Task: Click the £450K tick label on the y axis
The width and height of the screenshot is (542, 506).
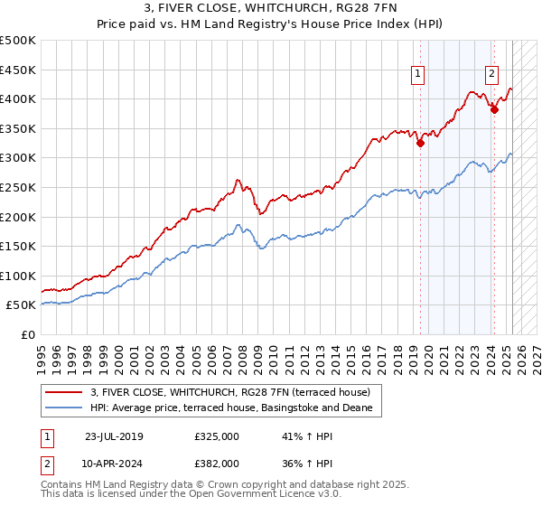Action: pos(18,70)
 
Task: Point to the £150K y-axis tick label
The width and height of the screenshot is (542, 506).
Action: pos(18,246)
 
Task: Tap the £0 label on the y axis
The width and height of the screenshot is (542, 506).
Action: pos(27,334)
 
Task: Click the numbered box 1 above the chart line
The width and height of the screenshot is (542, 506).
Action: pos(420,75)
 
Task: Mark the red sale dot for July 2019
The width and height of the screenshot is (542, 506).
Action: pos(421,143)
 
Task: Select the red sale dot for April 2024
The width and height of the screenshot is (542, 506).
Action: pos(495,109)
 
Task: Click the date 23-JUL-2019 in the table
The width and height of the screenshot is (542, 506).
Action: pos(114,436)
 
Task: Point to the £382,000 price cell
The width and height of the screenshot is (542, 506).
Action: pos(216,462)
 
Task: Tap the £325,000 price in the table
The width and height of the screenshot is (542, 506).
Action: pos(216,436)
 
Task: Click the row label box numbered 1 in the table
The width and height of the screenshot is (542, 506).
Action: pos(46,436)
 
